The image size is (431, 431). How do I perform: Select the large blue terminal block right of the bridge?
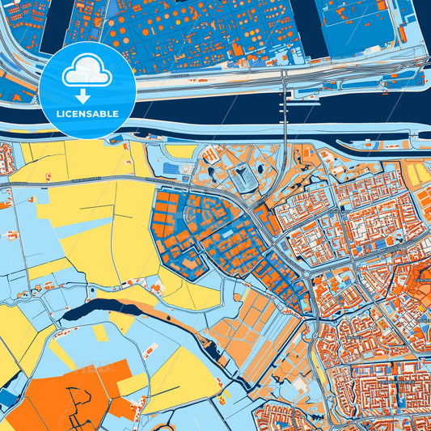point(356,28)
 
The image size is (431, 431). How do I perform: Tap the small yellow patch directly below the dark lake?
point(100,332)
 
